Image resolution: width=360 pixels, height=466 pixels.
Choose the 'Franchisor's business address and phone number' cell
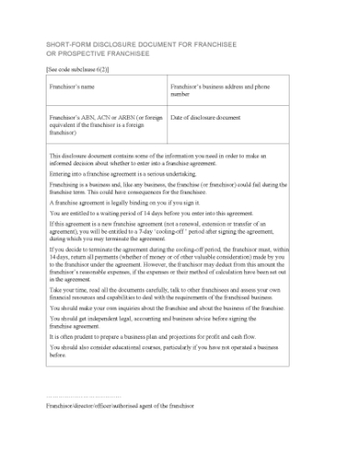[x=219, y=90]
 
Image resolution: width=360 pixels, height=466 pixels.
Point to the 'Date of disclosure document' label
[x=206, y=118]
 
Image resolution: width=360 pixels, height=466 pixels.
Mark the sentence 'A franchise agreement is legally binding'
[x=114, y=202]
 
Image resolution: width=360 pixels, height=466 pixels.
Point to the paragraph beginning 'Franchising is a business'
[x=164, y=187]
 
